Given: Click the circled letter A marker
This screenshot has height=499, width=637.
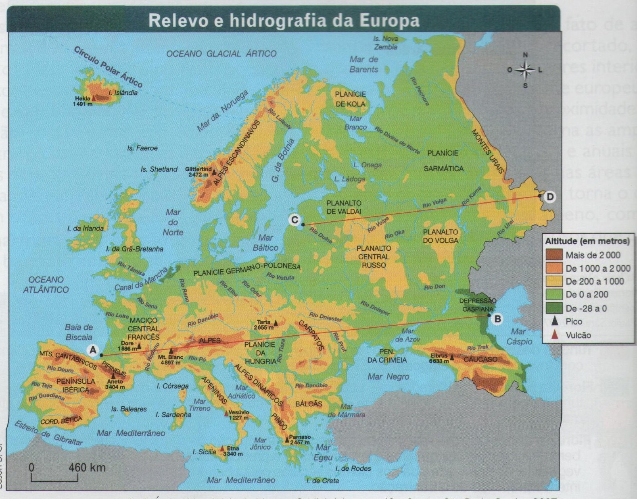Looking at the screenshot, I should click(93, 350).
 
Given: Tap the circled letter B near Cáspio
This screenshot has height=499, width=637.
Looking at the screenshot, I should click(497, 319).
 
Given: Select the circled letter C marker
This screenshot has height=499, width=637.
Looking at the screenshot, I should click(294, 220).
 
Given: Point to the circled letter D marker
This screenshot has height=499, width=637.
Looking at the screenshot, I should click(549, 197).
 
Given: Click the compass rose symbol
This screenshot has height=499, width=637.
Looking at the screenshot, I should click(525, 70).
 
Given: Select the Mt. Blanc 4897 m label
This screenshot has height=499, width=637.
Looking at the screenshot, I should click(170, 360).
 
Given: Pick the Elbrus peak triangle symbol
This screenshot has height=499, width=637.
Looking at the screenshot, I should click(452, 357).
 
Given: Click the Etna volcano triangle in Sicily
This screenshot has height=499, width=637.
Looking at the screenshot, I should click(222, 448).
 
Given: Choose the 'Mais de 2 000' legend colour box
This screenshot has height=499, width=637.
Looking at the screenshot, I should click(554, 255).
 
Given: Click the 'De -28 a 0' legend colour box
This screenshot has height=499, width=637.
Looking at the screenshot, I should click(554, 308).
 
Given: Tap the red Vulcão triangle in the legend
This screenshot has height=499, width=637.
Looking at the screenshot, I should click(555, 335).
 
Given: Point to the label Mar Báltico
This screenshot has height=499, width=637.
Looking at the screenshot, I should click(265, 242).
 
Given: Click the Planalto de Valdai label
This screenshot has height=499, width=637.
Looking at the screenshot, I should click(344, 207).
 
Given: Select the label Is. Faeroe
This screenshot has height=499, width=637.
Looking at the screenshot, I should click(142, 148).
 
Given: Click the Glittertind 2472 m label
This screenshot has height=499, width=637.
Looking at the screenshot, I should click(198, 172).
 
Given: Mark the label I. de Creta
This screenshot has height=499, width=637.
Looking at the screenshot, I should click(322, 480).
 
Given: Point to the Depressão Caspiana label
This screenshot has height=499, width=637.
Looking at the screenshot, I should click(478, 305).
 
